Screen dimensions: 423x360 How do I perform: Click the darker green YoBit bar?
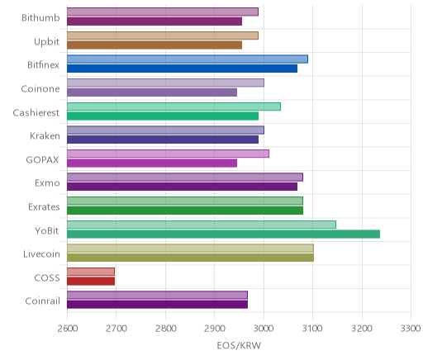tap(223, 234)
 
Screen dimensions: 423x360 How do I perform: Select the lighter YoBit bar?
tap(202, 225)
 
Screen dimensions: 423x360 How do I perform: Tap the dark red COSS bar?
tap(91, 282)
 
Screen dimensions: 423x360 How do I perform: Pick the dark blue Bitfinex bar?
tap(182, 69)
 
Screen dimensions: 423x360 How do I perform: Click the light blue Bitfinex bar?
tap(188, 59)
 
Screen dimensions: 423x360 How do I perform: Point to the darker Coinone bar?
tap(152, 92)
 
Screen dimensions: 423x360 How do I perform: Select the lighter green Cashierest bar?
tap(173, 107)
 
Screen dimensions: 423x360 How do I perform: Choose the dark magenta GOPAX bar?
tap(152, 163)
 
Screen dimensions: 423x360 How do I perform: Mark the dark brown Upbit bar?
tap(154, 45)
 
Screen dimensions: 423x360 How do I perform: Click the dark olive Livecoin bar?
tap(190, 258)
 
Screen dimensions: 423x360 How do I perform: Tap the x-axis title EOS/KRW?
tap(239, 345)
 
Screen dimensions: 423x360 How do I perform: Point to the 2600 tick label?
tap(67, 329)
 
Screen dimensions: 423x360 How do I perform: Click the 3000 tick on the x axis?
tap(264, 329)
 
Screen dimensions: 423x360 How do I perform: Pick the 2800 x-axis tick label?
tap(165, 329)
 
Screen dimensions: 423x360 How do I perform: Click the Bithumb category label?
tap(40, 17)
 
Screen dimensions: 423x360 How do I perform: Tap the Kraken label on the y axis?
tap(45, 135)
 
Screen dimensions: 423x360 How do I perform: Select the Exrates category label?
tap(44, 206)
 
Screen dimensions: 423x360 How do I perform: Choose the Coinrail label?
tap(42, 301)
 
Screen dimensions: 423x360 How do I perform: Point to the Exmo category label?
tap(47, 183)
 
